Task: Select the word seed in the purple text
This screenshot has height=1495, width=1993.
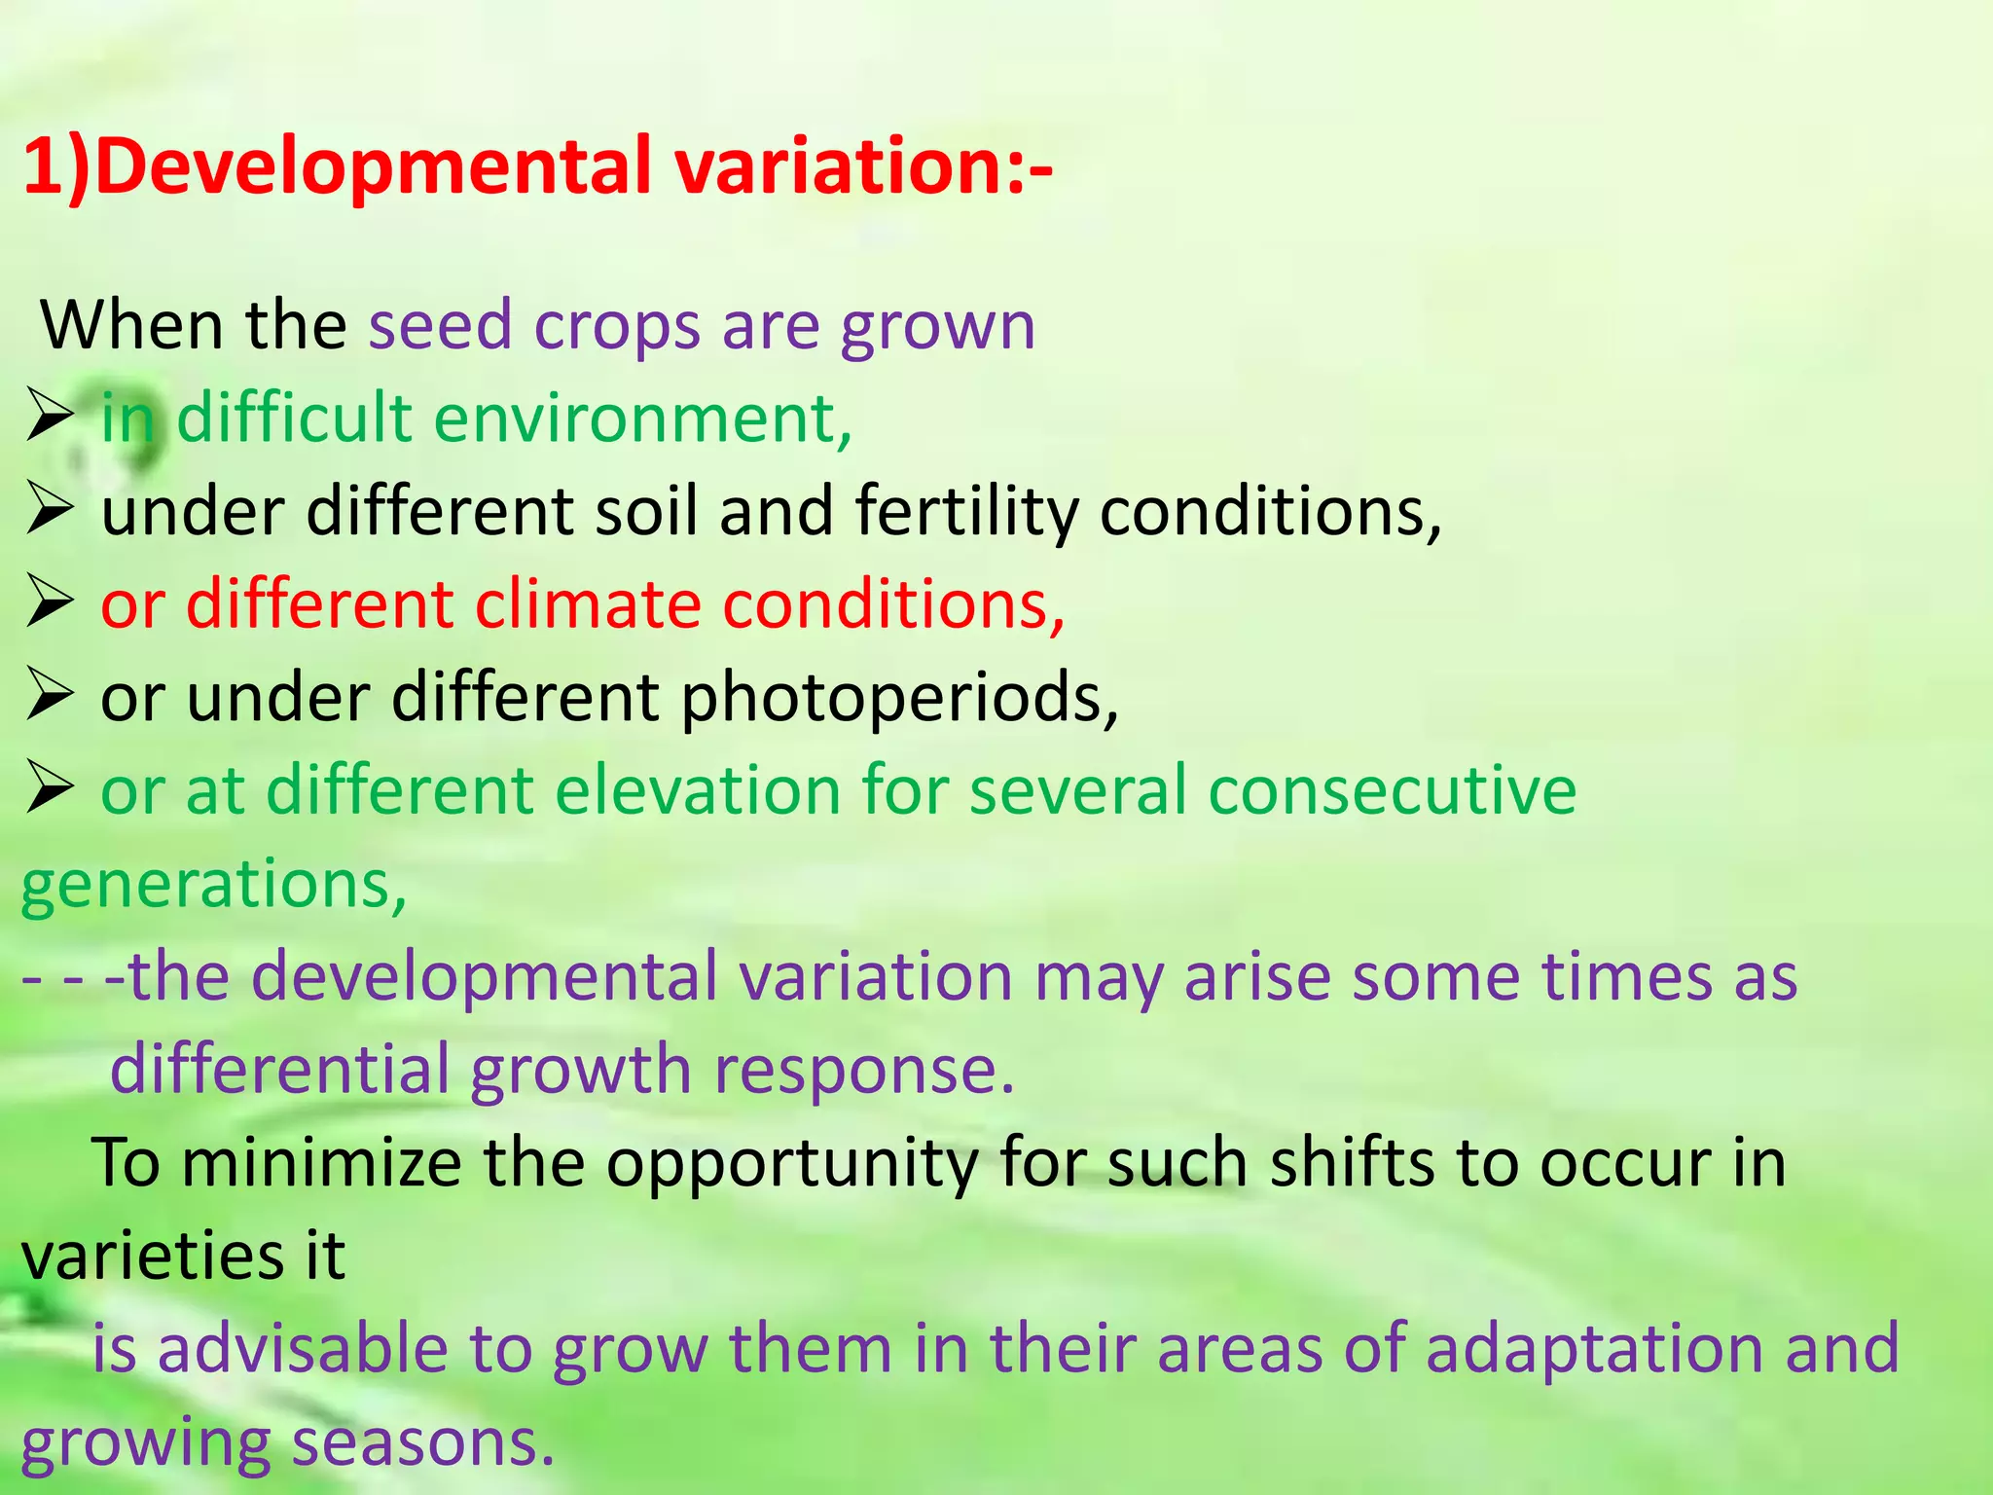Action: point(440,326)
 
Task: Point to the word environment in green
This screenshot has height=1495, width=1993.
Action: point(642,419)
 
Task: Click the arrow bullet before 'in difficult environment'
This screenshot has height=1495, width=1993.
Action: point(49,418)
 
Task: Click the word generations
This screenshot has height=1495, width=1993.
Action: point(213,885)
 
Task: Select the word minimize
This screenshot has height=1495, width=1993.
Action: point(321,1163)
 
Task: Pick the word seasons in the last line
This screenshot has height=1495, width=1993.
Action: point(422,1443)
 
